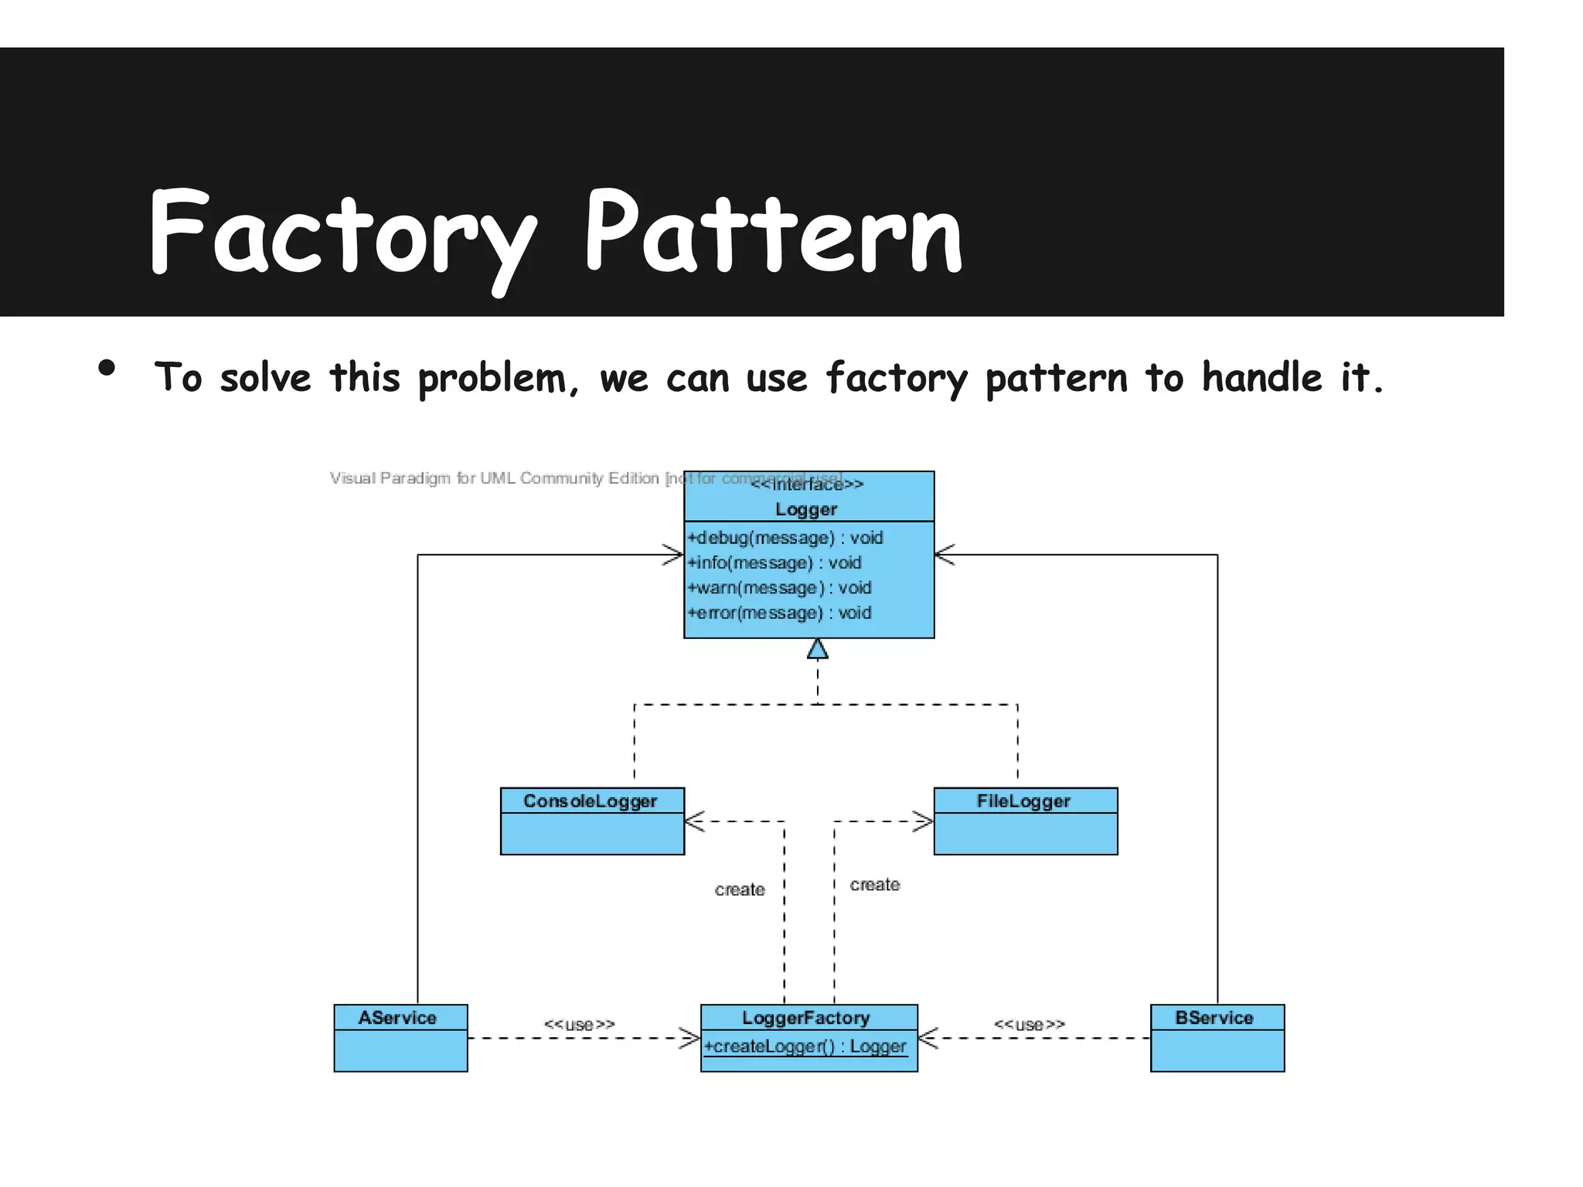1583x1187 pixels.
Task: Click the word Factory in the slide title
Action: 340,232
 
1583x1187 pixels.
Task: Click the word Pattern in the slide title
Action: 773,232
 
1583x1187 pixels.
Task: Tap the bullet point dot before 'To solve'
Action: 107,368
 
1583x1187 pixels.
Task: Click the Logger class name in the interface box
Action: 806,509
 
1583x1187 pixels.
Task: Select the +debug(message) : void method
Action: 785,538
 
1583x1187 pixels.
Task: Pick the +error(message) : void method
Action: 779,613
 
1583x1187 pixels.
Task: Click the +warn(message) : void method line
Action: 779,588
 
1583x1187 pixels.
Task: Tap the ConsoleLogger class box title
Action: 591,801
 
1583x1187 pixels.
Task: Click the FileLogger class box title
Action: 1023,801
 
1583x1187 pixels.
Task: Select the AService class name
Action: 397,1018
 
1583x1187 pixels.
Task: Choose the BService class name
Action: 1214,1018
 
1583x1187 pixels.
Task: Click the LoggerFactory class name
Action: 806,1018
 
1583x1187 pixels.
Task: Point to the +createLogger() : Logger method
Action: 805,1046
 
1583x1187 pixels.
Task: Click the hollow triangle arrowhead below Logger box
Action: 818,649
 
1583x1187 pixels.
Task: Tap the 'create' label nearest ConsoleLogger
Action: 740,889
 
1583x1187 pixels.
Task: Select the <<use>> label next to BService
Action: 1030,1025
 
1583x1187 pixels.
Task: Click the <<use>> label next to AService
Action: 580,1025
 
